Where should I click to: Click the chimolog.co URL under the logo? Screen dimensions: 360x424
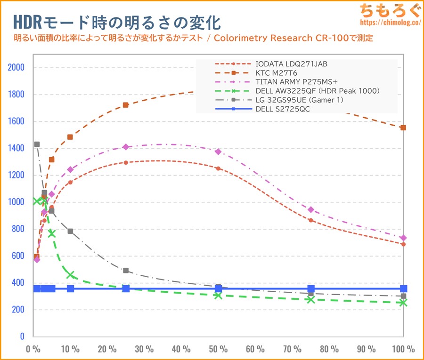tap(390, 22)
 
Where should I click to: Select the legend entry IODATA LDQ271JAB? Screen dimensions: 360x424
tap(291, 64)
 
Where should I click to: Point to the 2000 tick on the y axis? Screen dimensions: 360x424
tap(16, 67)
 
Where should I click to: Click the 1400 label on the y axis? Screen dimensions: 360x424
tap(16, 148)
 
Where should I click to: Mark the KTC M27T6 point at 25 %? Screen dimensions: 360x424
tap(126, 105)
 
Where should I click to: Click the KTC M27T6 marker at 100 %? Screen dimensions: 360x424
tap(403, 128)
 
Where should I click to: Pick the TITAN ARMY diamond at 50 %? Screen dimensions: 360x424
tap(218, 152)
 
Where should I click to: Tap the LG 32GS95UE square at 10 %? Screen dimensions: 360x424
tap(70, 231)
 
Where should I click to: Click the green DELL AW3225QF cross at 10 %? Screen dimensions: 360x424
tap(70, 275)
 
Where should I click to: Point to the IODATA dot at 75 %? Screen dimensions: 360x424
tap(311, 220)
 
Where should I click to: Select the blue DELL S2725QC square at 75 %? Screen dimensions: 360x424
tap(311, 288)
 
